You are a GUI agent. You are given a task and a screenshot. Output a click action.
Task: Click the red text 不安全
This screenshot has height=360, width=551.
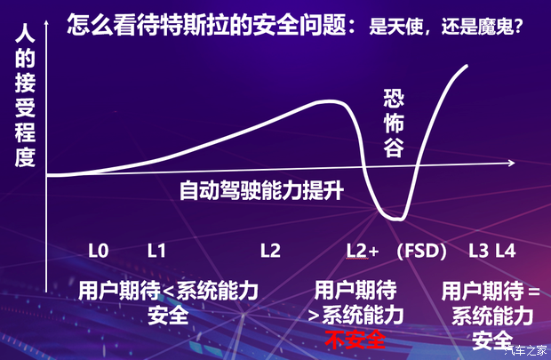[355, 339]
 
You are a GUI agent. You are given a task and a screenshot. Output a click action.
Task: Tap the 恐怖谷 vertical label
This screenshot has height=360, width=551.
[394, 124]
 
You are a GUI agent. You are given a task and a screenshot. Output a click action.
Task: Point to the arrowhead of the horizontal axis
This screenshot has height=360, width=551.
[511, 164]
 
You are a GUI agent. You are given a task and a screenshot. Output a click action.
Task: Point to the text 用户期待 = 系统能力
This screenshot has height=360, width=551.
[491, 302]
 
